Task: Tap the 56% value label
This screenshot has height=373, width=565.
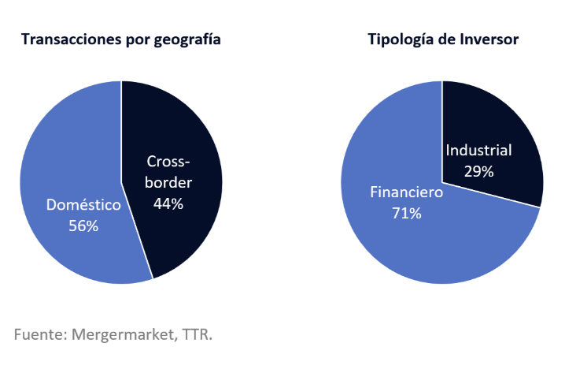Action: click(83, 226)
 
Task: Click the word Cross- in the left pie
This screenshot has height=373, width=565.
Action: click(168, 162)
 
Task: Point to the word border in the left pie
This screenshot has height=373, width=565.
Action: click(169, 182)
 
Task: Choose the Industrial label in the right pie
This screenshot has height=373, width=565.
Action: click(478, 151)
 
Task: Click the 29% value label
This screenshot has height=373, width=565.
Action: click(478, 171)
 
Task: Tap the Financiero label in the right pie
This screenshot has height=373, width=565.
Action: click(407, 192)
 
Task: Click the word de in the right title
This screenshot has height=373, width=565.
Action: click(446, 39)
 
